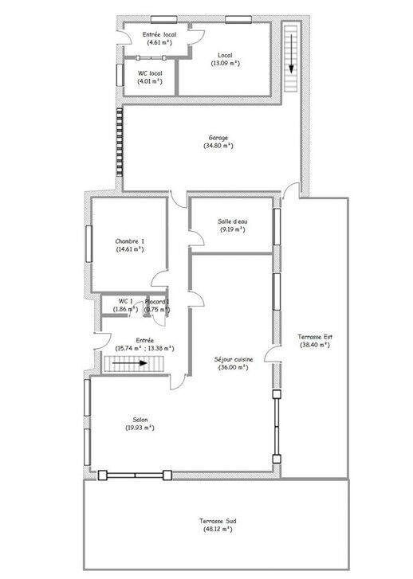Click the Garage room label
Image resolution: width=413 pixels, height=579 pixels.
[x=218, y=137]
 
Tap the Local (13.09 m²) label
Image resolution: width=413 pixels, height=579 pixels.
[x=226, y=55]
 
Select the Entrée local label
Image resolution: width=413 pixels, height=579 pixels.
[x=159, y=35]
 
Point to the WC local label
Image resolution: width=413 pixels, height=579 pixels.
[x=150, y=74]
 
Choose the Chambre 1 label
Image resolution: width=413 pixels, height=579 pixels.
[x=129, y=241]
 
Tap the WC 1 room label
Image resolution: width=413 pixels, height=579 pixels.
[x=125, y=301]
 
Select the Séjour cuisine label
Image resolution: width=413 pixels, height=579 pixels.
[x=234, y=360]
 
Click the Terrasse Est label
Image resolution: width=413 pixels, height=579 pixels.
[x=315, y=336]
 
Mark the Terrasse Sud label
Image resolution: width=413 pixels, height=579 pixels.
[x=215, y=521]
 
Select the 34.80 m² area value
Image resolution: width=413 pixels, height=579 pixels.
[x=218, y=146]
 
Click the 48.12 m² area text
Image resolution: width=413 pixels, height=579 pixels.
[x=215, y=530]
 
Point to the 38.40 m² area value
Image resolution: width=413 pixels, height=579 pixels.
[x=315, y=345]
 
